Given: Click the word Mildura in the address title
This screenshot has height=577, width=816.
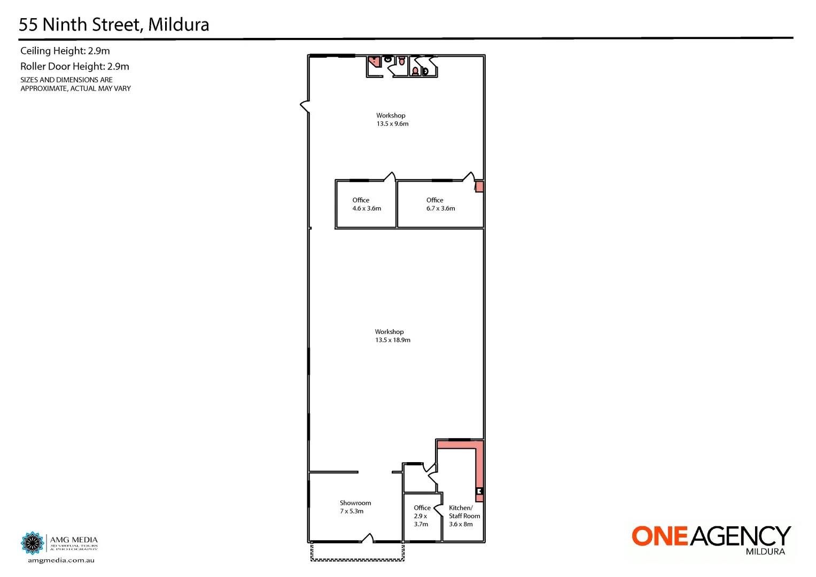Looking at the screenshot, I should coord(178,25).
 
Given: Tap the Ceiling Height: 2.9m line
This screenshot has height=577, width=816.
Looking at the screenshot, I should coord(65,51).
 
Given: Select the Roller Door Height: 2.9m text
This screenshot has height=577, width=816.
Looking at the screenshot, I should coord(75,67).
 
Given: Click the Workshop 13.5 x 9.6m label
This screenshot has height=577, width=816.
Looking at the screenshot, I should coord(392,120).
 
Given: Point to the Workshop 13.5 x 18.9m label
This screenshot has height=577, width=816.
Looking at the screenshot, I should coord(392,336).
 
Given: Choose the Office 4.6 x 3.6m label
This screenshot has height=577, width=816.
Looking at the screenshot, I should coord(367,205).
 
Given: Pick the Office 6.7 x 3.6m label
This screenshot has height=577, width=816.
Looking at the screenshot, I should coord(440,205).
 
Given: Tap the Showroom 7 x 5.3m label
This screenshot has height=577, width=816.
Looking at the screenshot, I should coord(355,507).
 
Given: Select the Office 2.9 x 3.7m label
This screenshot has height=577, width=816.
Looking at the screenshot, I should coord(422,516).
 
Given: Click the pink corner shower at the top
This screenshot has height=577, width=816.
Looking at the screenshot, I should coord(375,60).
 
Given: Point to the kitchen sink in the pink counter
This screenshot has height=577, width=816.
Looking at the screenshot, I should coord(480,491).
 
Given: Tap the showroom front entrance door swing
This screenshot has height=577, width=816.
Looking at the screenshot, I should coord(368,537).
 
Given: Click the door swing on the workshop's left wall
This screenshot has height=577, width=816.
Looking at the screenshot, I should coord(305,106).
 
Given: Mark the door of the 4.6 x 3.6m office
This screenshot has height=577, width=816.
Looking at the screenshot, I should coord(390,176).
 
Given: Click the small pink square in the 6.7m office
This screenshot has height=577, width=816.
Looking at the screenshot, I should coord(479,186).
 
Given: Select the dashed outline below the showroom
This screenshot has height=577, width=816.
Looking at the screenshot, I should coord(357,559).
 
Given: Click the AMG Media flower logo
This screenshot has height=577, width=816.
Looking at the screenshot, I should coord(32,543).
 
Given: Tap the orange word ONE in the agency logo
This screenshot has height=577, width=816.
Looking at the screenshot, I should coord(660,536).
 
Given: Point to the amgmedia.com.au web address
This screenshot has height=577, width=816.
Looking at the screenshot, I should coord(61,560).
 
